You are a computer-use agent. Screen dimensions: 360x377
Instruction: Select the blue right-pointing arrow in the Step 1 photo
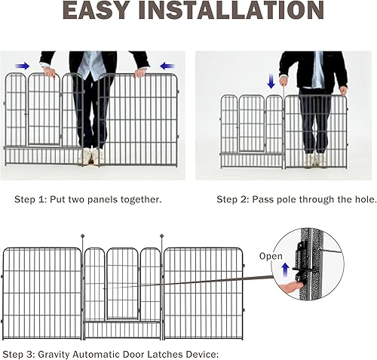(23, 66)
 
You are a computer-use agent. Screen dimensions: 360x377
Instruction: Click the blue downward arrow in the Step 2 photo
(271, 81)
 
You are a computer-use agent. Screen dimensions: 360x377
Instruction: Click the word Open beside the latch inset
(270, 255)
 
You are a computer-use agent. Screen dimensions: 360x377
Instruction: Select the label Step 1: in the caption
(33, 200)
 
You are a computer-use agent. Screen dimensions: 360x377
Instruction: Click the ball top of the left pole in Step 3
(82, 238)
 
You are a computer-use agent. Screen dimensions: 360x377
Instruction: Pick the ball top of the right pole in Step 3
(161, 238)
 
